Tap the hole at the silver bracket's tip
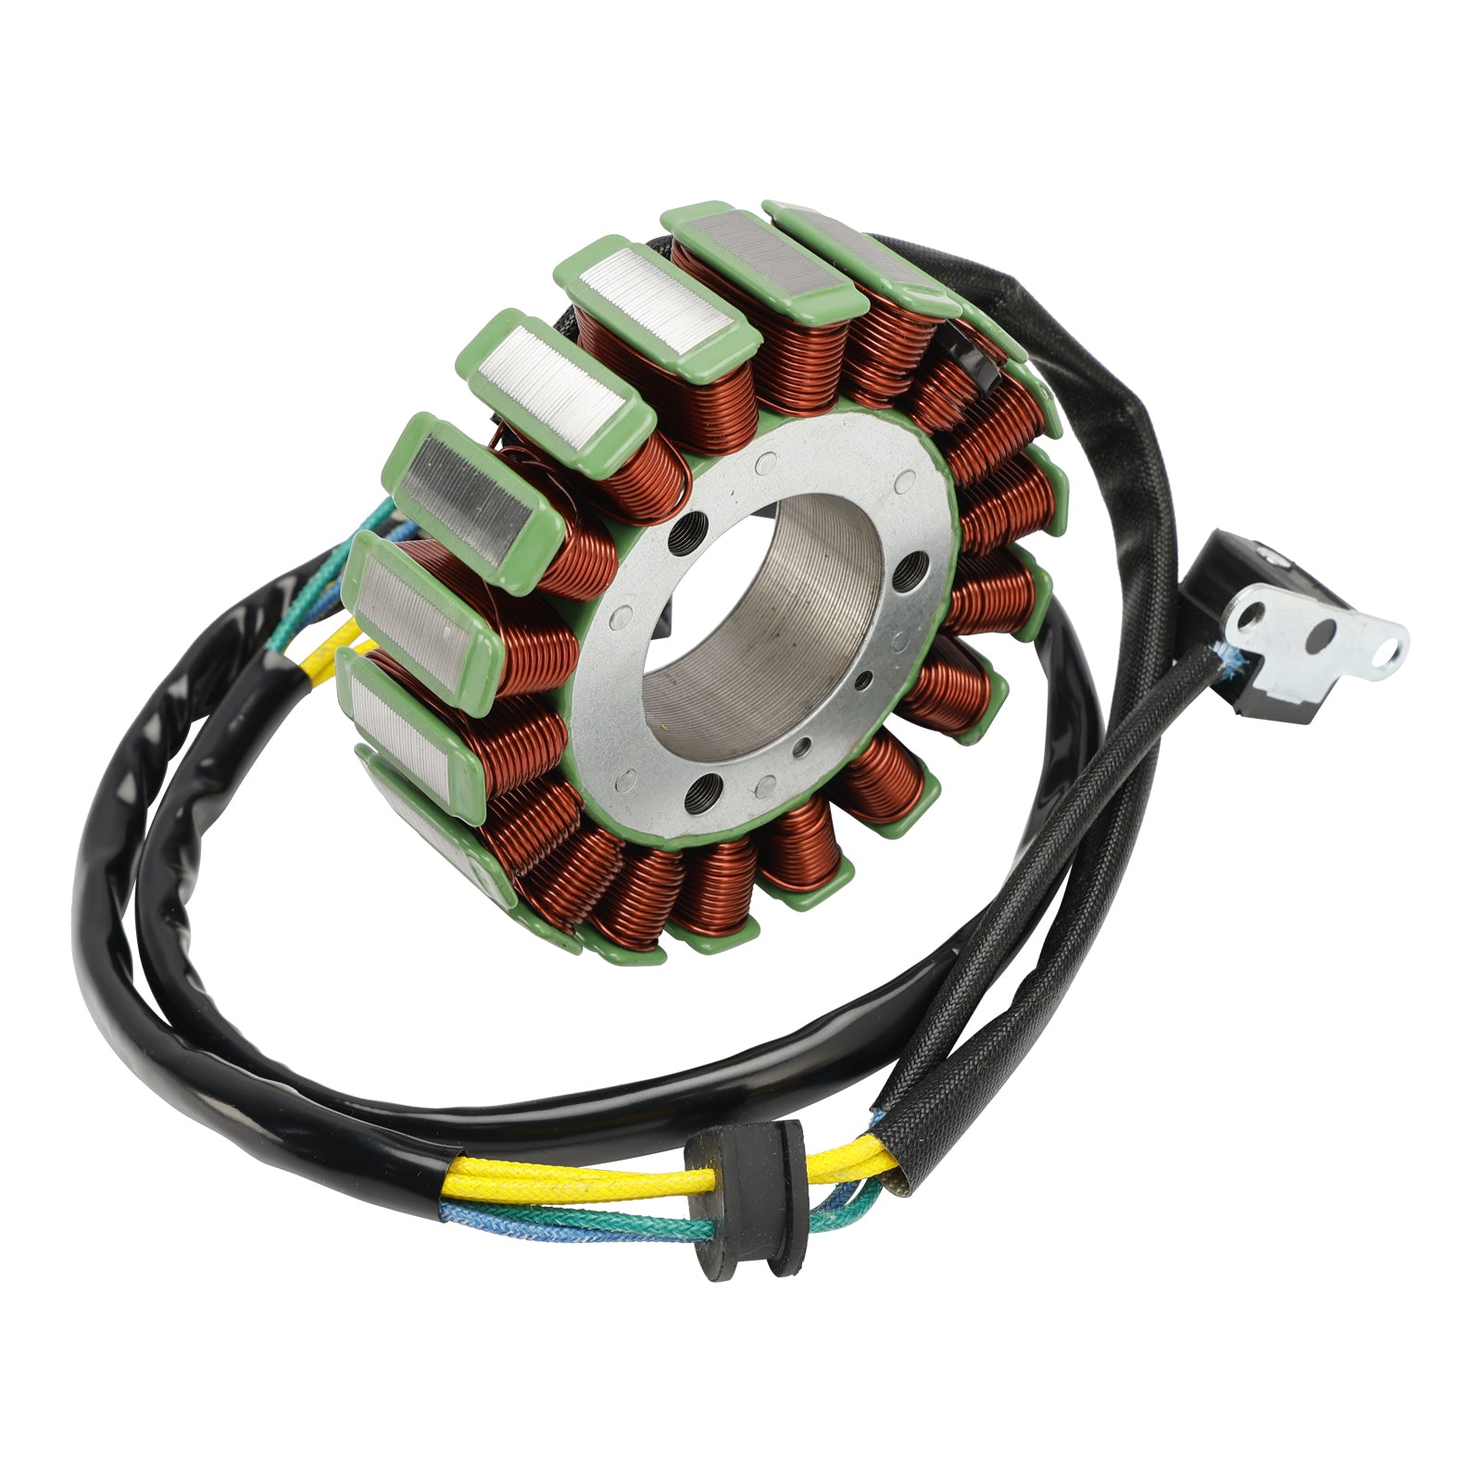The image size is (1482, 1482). coord(1389,650)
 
